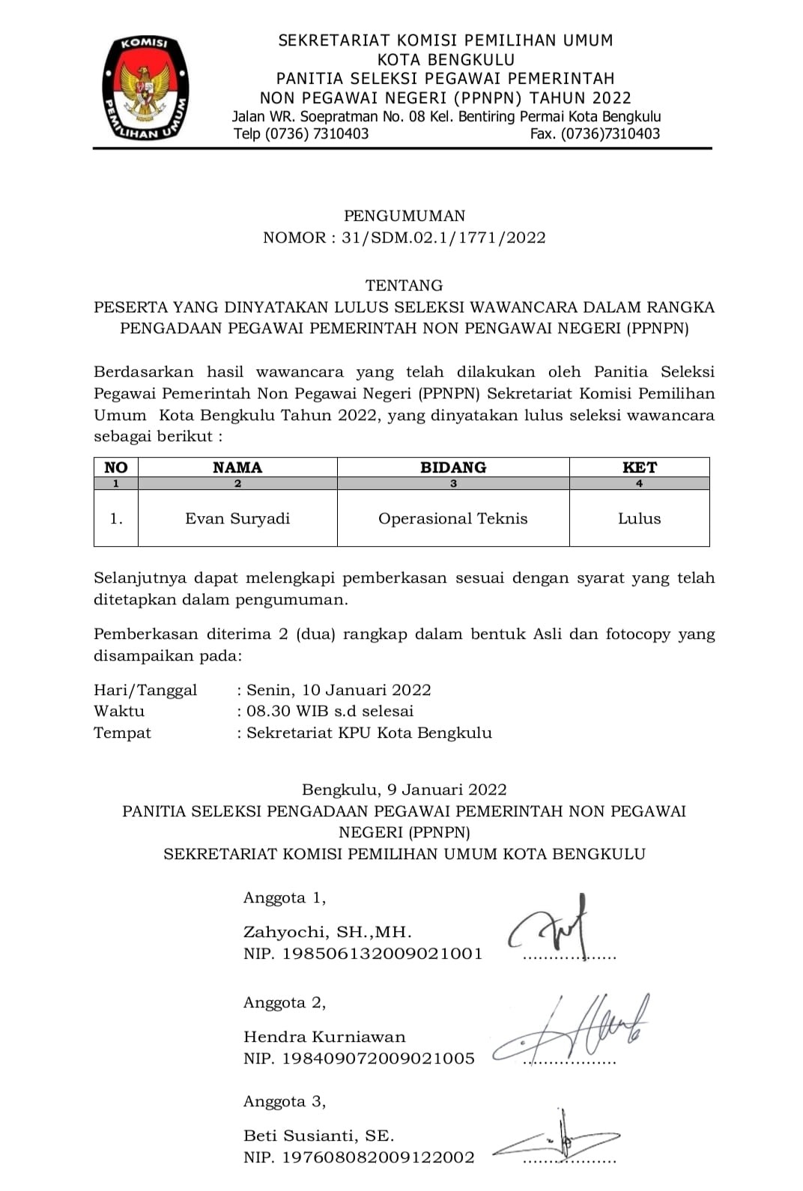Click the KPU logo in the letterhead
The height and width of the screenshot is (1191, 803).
pyautogui.click(x=145, y=88)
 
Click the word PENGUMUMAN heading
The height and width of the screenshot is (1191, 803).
pyautogui.click(x=404, y=216)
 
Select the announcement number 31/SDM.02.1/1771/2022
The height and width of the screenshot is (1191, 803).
pyautogui.click(x=443, y=237)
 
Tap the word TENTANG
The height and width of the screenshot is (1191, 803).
pyautogui.click(x=404, y=285)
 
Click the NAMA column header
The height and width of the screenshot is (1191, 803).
pyautogui.click(x=237, y=467)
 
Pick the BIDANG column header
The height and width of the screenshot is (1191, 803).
pyautogui.click(x=453, y=467)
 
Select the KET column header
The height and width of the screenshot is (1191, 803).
pyautogui.click(x=639, y=467)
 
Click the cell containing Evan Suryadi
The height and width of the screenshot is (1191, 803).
pyautogui.click(x=237, y=518)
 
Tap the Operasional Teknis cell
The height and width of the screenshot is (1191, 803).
pyautogui.click(x=453, y=518)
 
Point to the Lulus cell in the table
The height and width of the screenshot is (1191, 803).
pyautogui.click(x=639, y=518)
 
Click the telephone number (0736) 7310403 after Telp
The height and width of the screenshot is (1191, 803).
pyautogui.click(x=317, y=134)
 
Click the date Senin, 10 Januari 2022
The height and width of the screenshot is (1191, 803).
pyautogui.click(x=339, y=690)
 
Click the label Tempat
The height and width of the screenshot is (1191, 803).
pyautogui.click(x=122, y=733)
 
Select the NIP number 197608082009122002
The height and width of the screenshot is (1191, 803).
pyautogui.click(x=378, y=1157)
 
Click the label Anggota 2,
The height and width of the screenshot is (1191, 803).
pyautogui.click(x=285, y=1002)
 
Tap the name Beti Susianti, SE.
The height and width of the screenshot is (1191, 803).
pyautogui.click(x=318, y=1136)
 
